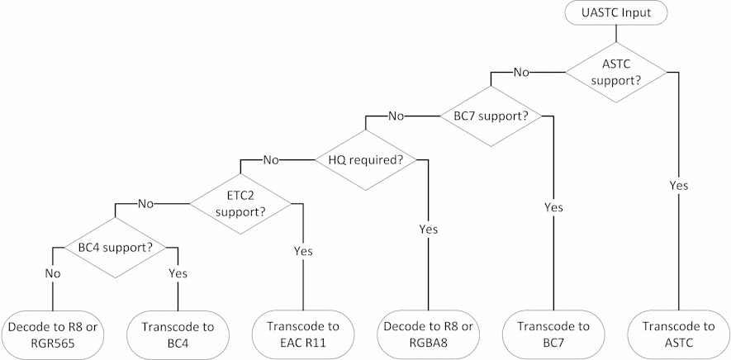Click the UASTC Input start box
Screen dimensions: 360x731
click(x=615, y=13)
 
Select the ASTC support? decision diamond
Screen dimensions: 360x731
click(x=615, y=73)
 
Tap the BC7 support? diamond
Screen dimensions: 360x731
click(x=491, y=116)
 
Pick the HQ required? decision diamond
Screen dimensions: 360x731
click(x=366, y=159)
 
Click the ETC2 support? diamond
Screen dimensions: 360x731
click(x=240, y=203)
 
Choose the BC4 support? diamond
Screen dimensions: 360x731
click(x=116, y=246)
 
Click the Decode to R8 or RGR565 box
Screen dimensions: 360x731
click(x=52, y=334)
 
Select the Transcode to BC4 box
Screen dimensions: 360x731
click(x=178, y=334)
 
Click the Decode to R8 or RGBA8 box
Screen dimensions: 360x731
click(x=428, y=334)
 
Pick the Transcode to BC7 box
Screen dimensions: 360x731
click(x=553, y=334)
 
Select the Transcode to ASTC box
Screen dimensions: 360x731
click(x=678, y=334)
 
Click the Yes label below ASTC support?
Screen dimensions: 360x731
click(x=678, y=186)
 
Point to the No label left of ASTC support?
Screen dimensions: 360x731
click(x=521, y=73)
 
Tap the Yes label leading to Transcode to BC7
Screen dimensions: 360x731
click(x=553, y=207)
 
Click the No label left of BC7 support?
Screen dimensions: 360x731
click(x=396, y=116)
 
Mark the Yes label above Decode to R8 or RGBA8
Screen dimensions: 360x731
click(x=428, y=229)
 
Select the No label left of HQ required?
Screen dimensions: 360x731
click(x=271, y=159)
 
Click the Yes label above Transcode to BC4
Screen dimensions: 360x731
click(x=178, y=272)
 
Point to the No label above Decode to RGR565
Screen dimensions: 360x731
click(x=52, y=272)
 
